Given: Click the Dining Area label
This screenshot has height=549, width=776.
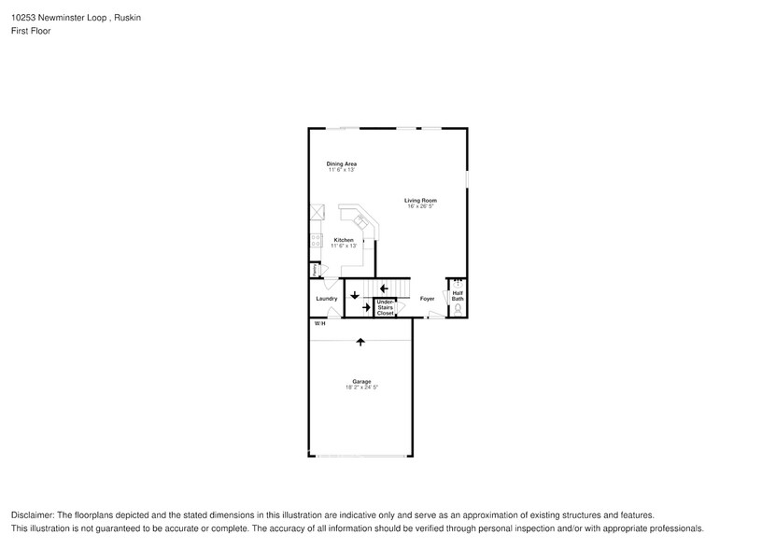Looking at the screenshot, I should tap(342, 164).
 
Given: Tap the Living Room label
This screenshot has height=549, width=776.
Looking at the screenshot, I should tap(420, 201).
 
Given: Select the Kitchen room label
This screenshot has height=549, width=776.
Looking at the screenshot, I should tap(344, 240).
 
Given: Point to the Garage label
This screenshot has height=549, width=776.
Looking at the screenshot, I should tap(361, 381).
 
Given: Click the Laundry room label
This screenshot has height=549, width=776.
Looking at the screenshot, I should tap(326, 299).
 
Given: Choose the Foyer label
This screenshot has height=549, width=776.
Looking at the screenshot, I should tap(427, 299).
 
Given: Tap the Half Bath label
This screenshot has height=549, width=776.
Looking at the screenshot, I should tap(458, 295).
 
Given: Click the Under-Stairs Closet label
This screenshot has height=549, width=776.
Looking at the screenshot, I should tap(385, 308).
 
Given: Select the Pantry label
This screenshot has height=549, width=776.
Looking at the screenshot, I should tap(317, 270).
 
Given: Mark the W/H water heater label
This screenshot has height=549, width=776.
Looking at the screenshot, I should tap(319, 323).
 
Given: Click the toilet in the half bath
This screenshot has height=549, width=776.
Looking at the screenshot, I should tap(458, 308).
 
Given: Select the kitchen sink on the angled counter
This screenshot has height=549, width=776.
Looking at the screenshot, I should tap(360, 221).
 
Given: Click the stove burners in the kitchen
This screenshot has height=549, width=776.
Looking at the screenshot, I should tap(317, 241).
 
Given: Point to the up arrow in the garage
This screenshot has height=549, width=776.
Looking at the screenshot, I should tap(360, 343).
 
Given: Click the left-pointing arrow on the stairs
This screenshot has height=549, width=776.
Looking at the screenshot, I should tap(384, 288).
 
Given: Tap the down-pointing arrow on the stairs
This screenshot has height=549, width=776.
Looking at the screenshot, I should tap(355, 296).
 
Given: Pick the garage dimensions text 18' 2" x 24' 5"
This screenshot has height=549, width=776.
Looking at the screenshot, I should tap(361, 387).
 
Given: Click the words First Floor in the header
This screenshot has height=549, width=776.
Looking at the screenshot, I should tap(32, 31).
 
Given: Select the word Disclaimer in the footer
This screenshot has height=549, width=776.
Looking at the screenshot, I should tap(34, 515).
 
